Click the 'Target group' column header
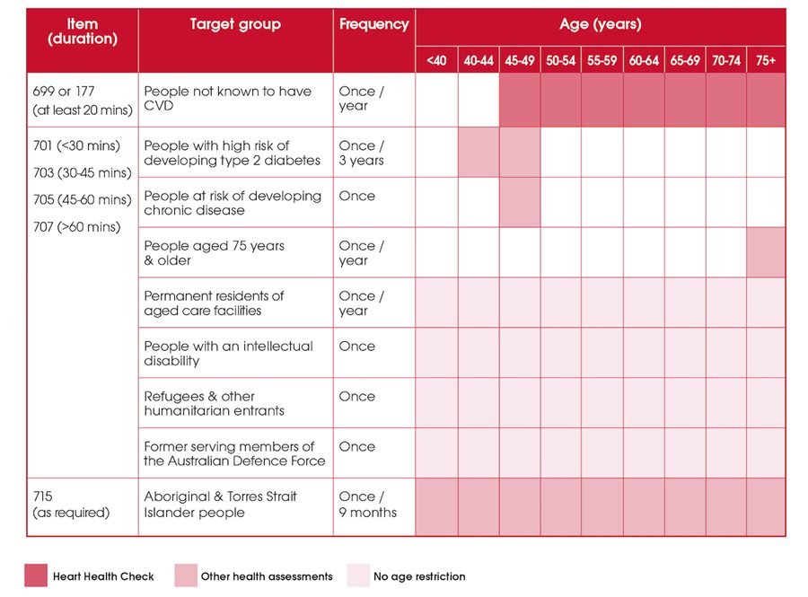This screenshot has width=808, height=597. pyautogui.click(x=235, y=24)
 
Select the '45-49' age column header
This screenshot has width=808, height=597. pyautogui.click(x=520, y=61)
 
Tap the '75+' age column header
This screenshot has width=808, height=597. pyautogui.click(x=766, y=61)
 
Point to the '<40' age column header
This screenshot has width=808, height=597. pyautogui.click(x=436, y=61)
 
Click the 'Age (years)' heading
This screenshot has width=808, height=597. pyautogui.click(x=600, y=25)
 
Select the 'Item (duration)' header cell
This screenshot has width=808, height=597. pyautogui.click(x=83, y=31)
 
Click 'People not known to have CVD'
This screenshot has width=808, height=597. pyautogui.click(x=227, y=99)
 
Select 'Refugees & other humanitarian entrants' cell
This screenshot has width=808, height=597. pyautogui.click(x=214, y=403)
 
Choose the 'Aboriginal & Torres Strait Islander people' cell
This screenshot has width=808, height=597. pyautogui.click(x=220, y=504)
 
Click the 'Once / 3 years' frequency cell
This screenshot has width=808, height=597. pyautogui.click(x=362, y=153)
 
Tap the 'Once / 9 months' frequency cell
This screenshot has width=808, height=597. pyautogui.click(x=367, y=504)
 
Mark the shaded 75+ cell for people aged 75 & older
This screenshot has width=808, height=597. pyautogui.click(x=766, y=252)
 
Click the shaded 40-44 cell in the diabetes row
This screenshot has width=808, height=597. pyautogui.click(x=479, y=152)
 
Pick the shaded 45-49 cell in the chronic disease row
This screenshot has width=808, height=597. pyautogui.click(x=520, y=202)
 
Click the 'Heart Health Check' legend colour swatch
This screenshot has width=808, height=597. pyautogui.click(x=35, y=575)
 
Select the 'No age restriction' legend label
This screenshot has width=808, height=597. pyautogui.click(x=419, y=576)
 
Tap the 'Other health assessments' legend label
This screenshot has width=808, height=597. pyautogui.click(x=267, y=576)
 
